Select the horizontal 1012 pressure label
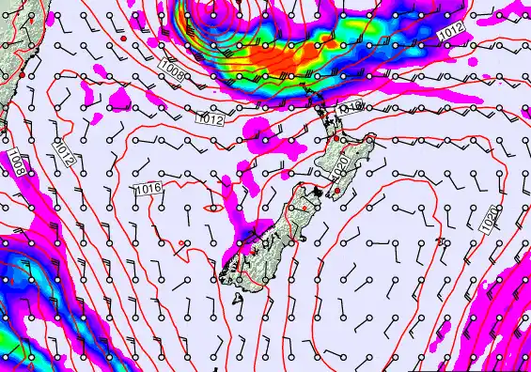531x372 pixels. coord(210,119)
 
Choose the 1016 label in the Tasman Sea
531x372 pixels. coord(148,190)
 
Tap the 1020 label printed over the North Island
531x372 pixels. coord(342,168)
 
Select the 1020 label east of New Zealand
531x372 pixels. coord(489,220)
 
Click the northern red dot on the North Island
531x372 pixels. coord(335,138)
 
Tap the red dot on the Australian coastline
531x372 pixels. coord(21,72)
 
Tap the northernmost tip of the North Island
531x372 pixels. coord(307,95)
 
